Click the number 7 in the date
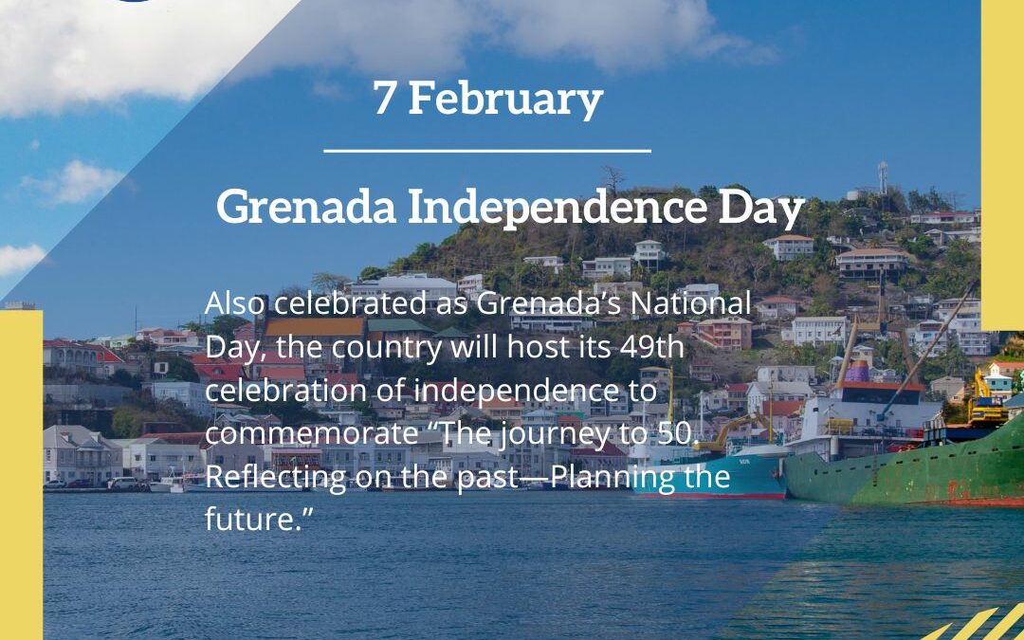pos(384,98)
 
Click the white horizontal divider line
pos(486,150)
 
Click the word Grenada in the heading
pos(306,206)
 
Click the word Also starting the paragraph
pos(235,304)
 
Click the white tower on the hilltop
pos(883,177)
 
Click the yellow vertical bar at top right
pos(1002,161)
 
